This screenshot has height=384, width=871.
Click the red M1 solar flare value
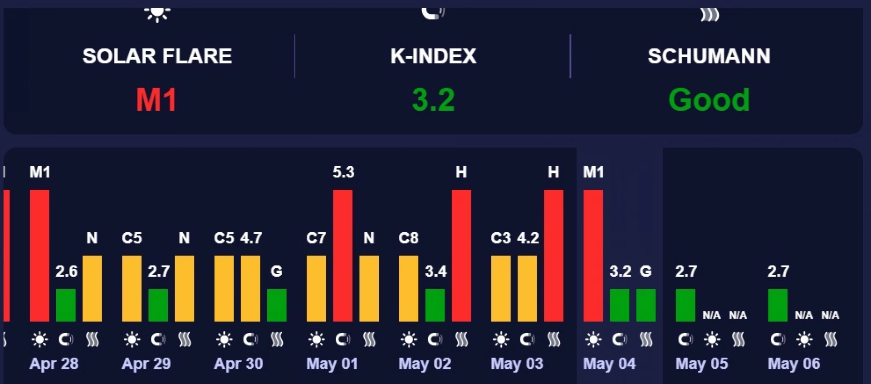(157, 100)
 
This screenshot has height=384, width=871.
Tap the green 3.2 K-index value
(433, 100)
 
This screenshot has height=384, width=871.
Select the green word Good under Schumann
(709, 100)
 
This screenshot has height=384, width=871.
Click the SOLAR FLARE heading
(157, 56)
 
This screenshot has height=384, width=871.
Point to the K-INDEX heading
(433, 56)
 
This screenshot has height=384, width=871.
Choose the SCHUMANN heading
(709, 56)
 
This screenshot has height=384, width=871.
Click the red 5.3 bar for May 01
(343, 256)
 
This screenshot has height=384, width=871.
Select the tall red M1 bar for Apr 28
(39, 256)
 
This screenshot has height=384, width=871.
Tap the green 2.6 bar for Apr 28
(66, 305)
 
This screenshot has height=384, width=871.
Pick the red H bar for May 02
(461, 256)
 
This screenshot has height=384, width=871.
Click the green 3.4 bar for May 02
(435, 305)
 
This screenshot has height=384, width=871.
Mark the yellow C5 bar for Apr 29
(132, 289)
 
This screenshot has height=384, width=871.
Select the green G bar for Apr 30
(277, 305)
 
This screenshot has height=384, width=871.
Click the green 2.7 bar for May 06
(778, 305)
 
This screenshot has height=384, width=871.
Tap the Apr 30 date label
(239, 364)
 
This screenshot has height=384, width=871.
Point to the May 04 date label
(609, 364)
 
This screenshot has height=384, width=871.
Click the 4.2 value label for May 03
(528, 238)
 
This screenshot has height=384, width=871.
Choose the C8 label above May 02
(408, 238)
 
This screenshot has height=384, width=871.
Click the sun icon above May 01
(316, 340)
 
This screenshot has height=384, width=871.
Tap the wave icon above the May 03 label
(554, 340)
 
